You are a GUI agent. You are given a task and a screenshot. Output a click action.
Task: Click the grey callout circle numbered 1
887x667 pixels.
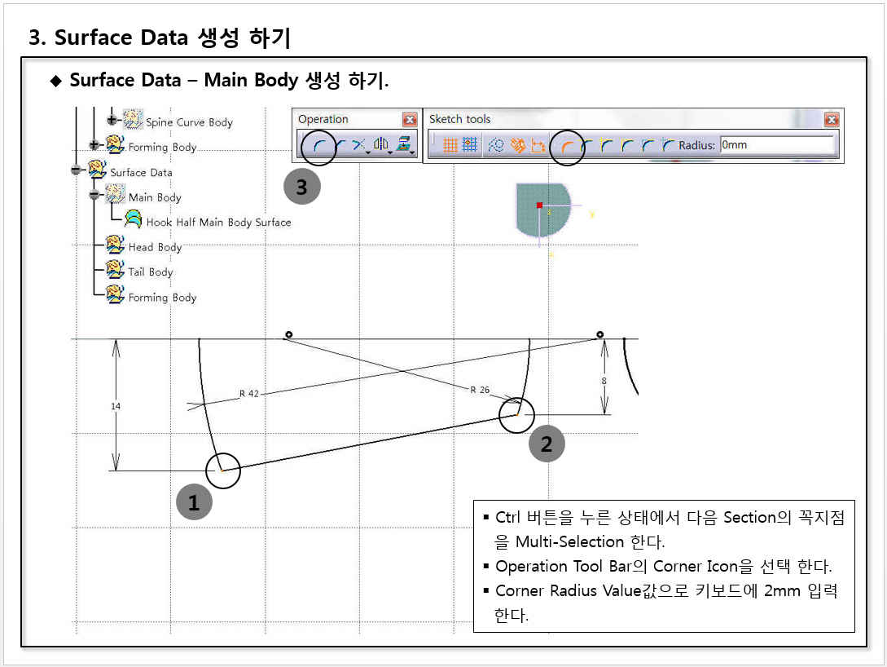tap(194, 502)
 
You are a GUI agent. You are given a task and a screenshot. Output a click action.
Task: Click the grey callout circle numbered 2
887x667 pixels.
tap(547, 444)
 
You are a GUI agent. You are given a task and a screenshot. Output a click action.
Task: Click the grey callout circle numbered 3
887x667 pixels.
tap(301, 186)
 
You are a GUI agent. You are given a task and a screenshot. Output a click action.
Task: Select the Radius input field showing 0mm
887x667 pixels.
tap(777, 145)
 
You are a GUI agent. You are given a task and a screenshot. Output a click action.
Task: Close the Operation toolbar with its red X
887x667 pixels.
tap(410, 120)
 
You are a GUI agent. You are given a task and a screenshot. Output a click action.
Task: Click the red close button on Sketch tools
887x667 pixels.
tap(831, 120)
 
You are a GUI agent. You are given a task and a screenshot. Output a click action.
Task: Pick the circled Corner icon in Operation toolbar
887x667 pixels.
tap(319, 146)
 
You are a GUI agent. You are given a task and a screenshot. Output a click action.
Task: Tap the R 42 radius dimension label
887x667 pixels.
tap(249, 394)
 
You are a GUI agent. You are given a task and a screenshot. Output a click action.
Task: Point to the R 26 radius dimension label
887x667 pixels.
tap(480, 390)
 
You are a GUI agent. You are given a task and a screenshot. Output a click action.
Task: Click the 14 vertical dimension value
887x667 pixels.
tap(116, 406)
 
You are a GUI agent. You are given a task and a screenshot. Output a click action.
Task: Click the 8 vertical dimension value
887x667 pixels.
tap(604, 381)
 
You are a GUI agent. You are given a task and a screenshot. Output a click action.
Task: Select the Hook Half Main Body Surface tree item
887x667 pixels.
tap(218, 222)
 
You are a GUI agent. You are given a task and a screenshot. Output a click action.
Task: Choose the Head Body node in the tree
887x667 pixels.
tap(155, 247)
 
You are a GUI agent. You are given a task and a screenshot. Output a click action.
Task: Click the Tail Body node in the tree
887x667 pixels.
tap(151, 272)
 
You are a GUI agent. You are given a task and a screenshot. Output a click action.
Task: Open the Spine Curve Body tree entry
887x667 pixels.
tap(189, 122)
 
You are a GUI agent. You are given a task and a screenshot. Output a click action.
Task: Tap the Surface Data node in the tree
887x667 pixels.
tap(142, 172)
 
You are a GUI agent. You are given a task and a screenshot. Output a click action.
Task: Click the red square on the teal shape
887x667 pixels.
tap(540, 205)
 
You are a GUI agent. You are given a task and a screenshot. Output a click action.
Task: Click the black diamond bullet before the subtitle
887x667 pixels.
tap(56, 81)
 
